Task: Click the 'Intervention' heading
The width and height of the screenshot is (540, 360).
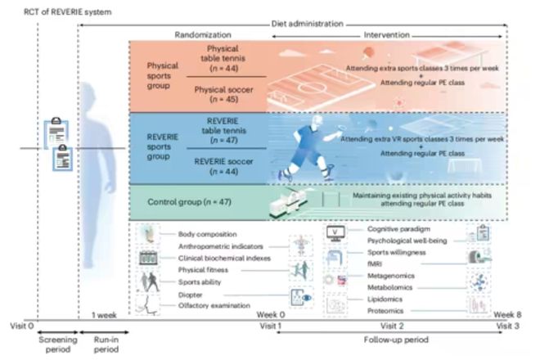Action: (386, 35)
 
